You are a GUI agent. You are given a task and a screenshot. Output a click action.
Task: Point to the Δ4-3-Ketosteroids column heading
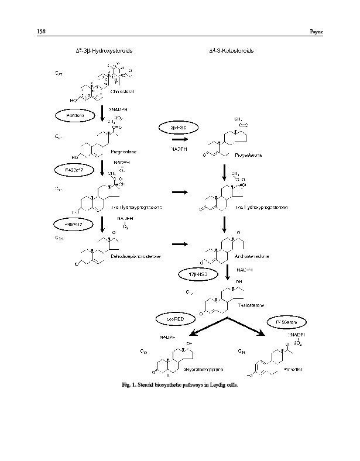[231, 51]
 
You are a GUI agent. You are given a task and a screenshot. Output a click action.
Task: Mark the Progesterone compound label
[244, 156]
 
